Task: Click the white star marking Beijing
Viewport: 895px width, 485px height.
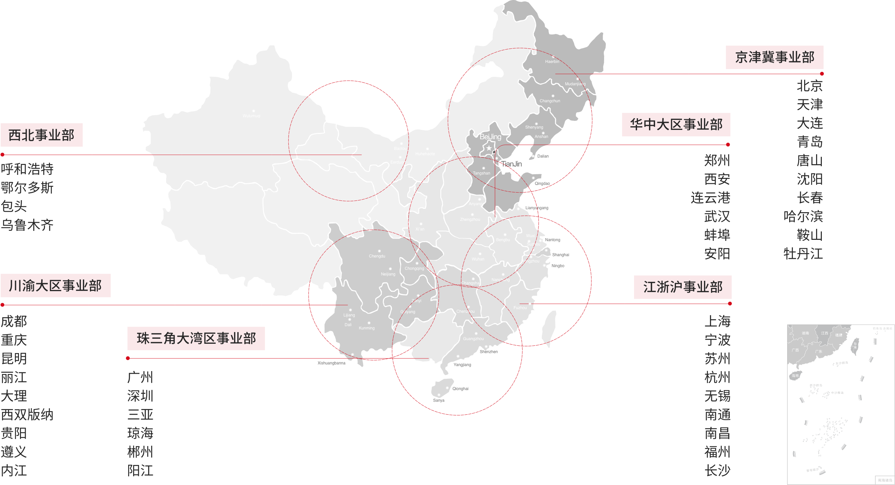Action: [489, 149]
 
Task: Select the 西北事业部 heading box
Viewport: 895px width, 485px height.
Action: [42, 135]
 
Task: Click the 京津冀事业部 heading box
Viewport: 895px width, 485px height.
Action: [775, 57]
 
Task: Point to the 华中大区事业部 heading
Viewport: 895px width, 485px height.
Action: [676, 125]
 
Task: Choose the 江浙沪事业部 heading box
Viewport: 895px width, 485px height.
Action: [683, 287]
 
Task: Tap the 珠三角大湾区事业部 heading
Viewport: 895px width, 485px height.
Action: [196, 338]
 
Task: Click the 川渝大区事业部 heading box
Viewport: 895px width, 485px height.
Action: [56, 285]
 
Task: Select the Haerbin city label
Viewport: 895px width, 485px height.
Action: [552, 62]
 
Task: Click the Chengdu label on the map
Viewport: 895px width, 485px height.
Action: [377, 256]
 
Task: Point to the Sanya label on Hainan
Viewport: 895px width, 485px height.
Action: [439, 400]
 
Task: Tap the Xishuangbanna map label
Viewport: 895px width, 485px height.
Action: [332, 363]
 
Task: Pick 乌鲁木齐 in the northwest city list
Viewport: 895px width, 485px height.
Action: [27, 225]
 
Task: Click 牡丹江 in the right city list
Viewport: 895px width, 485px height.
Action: [803, 253]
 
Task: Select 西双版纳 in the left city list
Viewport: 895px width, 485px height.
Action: [27, 414]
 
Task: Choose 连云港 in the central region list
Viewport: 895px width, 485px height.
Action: [710, 198]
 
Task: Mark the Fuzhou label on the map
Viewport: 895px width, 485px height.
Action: [520, 308]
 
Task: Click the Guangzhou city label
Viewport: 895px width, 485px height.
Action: [473, 339]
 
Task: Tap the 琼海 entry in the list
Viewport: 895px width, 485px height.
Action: [140, 433]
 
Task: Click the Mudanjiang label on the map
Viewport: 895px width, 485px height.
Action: [575, 84]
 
